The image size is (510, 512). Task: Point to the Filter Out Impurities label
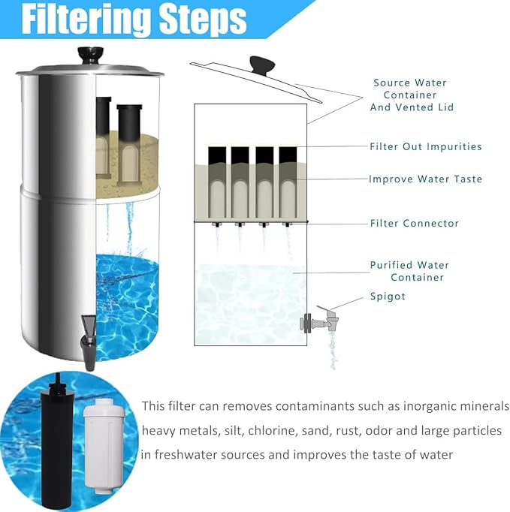[425, 146]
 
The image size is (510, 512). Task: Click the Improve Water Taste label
[425, 179]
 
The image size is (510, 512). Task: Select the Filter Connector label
[414, 223]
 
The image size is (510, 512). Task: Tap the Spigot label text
[388, 297]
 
